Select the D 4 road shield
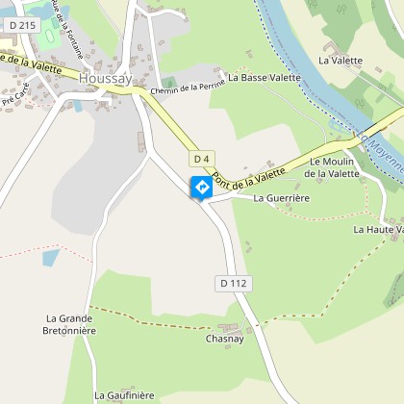[x=201, y=158]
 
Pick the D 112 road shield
[x=234, y=283]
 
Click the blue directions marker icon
[x=202, y=188]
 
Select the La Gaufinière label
[x=124, y=394]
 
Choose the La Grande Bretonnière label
[x=71, y=324]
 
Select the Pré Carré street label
[x=15, y=96]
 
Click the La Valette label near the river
[x=341, y=60]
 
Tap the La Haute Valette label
[x=377, y=229]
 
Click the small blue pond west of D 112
[x=50, y=257]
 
